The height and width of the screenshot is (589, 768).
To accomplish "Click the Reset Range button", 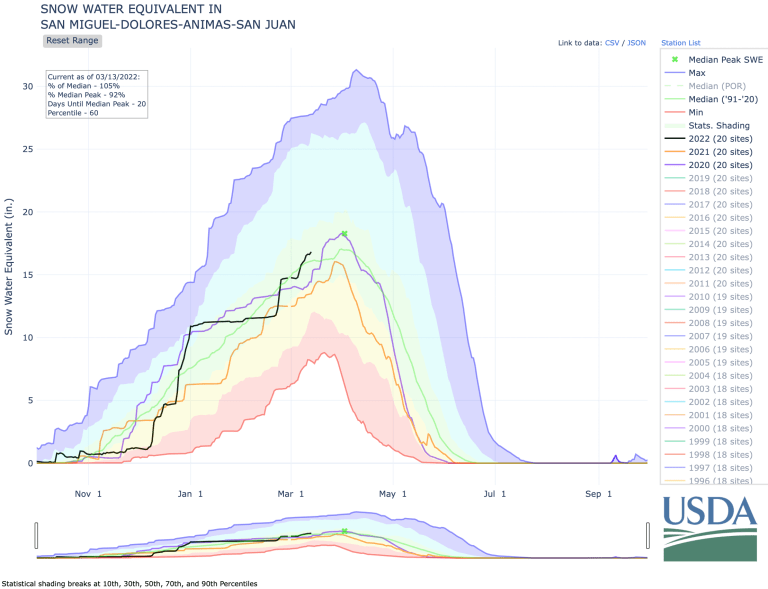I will [x=72, y=41].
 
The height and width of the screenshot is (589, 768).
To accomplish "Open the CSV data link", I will [x=612, y=43].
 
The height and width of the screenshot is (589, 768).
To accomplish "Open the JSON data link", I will [x=637, y=43].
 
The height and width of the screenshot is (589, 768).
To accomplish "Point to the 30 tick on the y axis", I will [x=26, y=86].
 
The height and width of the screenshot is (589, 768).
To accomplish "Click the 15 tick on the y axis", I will [x=26, y=275].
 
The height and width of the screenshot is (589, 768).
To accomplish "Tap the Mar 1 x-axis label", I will [x=293, y=493].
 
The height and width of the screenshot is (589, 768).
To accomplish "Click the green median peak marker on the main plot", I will [x=344, y=234].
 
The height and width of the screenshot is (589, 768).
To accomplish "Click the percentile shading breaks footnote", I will [x=129, y=582].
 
